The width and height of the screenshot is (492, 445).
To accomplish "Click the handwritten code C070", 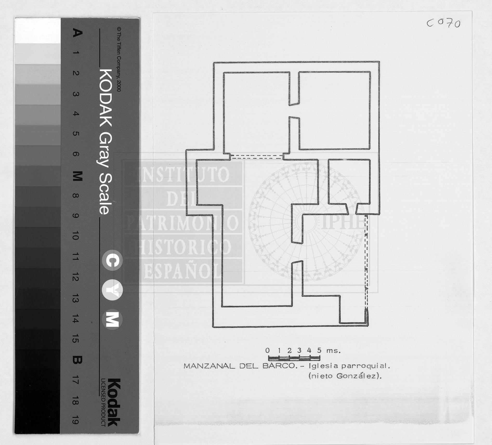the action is coord(443,24).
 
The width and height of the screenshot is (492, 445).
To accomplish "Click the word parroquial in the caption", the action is coord(366,367).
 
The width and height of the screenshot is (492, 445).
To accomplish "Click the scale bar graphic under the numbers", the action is coord(294,358).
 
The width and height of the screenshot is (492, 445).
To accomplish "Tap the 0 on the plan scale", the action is coord(267,350).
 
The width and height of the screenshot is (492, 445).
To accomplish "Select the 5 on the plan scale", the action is coord(319,350).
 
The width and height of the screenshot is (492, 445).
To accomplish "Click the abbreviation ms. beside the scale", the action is coord(333,351).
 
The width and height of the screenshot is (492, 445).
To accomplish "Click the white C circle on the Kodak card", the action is coord(112,260).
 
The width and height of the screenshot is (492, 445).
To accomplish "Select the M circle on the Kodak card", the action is coord(112,319).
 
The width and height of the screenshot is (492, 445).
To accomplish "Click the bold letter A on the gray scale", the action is coord(77,33).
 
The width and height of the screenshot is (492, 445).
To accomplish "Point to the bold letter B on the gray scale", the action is coord(77,360).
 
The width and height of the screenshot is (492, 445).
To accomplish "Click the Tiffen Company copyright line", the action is coord(119,60).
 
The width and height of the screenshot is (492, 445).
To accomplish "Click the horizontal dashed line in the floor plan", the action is coord(257,157).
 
